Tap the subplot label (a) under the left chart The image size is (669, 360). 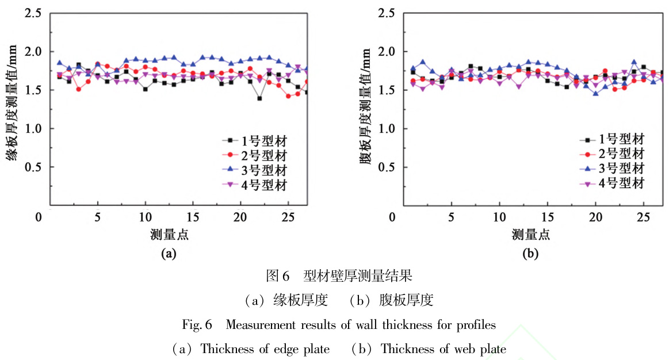[x=168, y=252]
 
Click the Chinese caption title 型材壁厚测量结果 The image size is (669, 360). [x=355, y=276]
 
